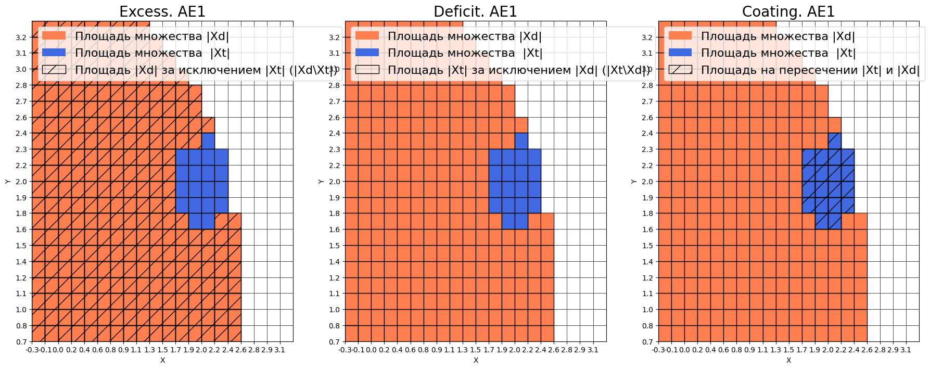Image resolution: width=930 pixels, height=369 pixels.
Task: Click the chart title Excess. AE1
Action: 162,11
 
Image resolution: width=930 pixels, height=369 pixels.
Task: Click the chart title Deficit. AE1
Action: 475,11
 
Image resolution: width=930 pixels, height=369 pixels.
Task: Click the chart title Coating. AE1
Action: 788,11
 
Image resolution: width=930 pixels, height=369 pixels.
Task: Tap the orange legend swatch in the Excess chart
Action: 54,36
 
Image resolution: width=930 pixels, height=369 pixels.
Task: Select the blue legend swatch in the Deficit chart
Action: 367,53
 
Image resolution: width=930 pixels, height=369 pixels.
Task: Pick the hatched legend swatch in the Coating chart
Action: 680,70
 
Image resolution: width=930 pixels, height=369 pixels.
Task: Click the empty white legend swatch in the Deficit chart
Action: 367,70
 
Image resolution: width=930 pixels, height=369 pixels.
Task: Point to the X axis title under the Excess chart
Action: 162,360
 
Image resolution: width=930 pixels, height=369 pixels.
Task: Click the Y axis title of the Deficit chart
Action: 321,181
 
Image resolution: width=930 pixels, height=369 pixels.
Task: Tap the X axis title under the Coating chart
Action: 788,360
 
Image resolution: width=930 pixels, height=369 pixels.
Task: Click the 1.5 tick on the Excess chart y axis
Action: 21,246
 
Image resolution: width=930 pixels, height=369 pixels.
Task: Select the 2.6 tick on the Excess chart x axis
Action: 241,350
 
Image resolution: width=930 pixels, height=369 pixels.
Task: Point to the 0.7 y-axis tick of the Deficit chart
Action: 334,342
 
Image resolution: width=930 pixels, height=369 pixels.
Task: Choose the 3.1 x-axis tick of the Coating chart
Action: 906,350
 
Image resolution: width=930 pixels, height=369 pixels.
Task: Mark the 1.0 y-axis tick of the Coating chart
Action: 647,310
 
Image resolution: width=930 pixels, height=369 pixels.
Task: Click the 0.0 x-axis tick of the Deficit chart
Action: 371,350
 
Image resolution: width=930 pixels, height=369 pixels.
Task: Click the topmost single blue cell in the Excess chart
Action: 208,141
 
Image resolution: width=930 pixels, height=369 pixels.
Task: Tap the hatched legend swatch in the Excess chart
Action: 54,70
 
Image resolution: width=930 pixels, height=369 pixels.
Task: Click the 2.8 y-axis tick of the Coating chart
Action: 647,85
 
